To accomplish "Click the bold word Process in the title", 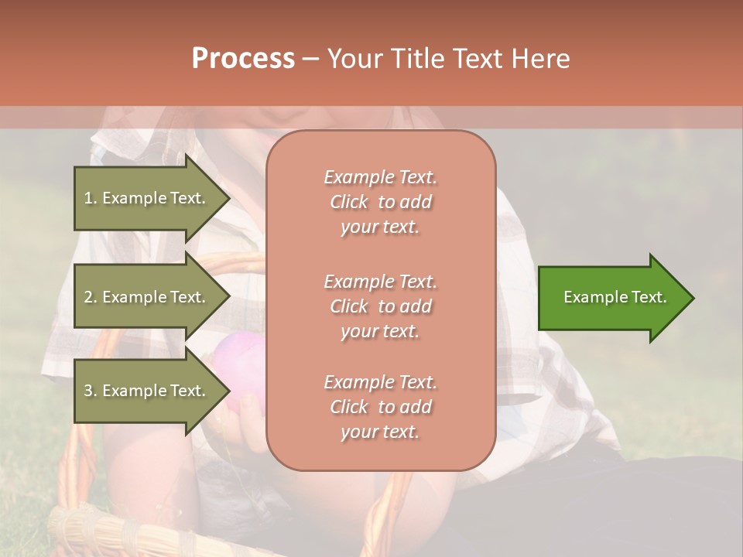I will click(x=243, y=59).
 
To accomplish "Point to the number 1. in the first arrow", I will click(x=91, y=198).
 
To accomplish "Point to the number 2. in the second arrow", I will click(x=91, y=297).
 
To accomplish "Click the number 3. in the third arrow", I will click(x=91, y=391).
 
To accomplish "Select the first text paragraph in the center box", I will click(x=381, y=202).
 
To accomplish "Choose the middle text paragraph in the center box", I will click(x=381, y=306).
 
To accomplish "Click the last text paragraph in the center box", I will click(x=381, y=407).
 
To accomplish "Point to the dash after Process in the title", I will click(x=311, y=59).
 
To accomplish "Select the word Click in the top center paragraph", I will click(x=349, y=203).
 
